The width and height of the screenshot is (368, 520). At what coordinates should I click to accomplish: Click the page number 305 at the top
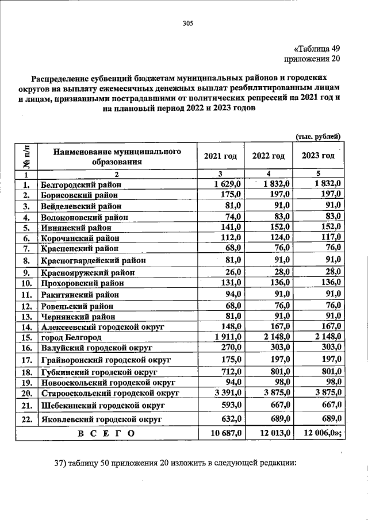[x=187, y=24]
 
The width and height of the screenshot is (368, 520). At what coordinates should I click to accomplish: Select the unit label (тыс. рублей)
[x=319, y=136]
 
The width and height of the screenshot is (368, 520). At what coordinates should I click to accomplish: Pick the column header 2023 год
[x=318, y=156]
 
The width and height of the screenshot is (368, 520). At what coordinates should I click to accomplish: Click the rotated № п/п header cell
[x=26, y=156]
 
